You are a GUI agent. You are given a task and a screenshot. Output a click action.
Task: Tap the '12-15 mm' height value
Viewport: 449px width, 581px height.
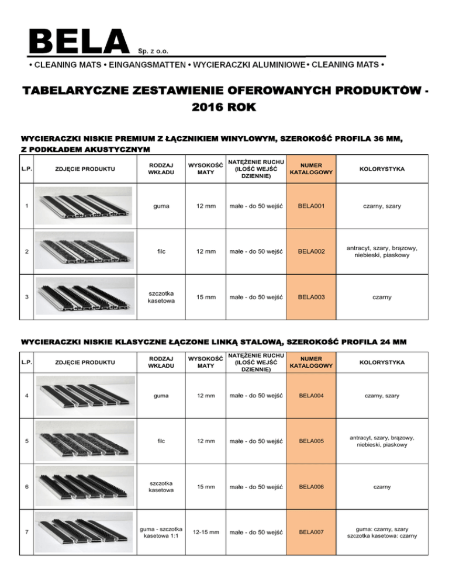(x=205, y=532)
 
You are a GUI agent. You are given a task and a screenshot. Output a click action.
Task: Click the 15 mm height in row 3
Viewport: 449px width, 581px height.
(x=205, y=297)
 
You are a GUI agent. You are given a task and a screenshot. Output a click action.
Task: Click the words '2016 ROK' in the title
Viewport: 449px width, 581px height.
(x=224, y=109)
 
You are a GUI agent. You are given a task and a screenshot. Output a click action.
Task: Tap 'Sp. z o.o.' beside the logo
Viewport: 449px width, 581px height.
(x=154, y=50)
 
